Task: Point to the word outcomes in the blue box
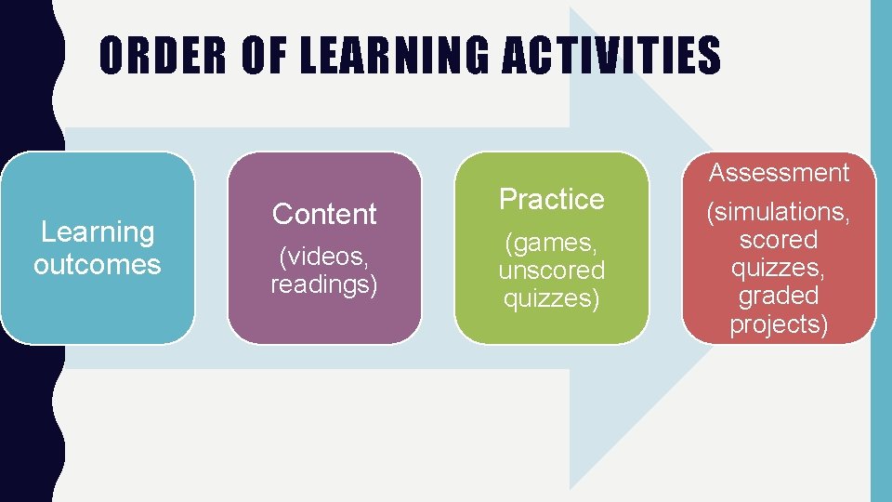click(98, 264)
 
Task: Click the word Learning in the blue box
click(98, 231)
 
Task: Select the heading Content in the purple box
click(324, 214)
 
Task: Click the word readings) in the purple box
click(324, 284)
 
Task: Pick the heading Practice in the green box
click(552, 199)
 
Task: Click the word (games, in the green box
click(552, 243)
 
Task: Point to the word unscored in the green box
click(552, 271)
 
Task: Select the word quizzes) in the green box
click(552, 299)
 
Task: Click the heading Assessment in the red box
click(780, 172)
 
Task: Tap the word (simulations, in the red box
click(779, 212)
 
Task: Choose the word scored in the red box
click(779, 240)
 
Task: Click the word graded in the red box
click(779, 297)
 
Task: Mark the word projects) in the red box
click(779, 324)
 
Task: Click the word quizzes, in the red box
click(779, 268)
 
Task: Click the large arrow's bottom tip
click(571, 489)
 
